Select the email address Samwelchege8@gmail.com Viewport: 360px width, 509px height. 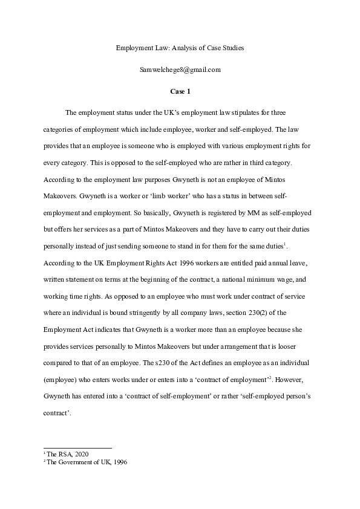pyautogui.click(x=180, y=70)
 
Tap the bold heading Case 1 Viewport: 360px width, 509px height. pyautogui.click(x=180, y=91)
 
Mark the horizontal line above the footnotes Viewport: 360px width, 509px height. pyautogui.click(x=77, y=448)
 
